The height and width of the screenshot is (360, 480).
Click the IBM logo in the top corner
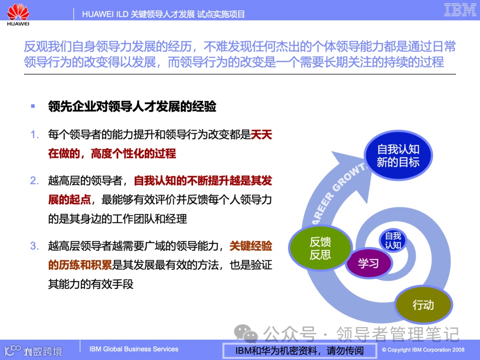(460, 10)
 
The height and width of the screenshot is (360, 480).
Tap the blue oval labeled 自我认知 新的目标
(398, 156)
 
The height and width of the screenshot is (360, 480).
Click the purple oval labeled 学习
(368, 263)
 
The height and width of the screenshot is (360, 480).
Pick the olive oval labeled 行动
(423, 305)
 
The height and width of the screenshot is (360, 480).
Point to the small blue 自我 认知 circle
(393, 240)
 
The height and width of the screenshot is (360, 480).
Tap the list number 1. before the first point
(35, 135)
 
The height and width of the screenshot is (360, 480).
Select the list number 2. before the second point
(35, 181)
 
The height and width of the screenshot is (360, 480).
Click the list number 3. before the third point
(35, 246)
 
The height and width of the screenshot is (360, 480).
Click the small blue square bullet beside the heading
(32, 106)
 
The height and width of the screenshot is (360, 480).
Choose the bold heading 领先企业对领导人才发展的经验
(132, 107)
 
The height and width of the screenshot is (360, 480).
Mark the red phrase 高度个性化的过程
(133, 154)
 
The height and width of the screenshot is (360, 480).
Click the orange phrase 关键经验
(251, 246)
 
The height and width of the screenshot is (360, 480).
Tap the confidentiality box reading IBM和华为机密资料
(299, 350)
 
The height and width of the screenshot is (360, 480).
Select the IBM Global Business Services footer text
(134, 349)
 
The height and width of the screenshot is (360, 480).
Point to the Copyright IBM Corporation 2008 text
(423, 350)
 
